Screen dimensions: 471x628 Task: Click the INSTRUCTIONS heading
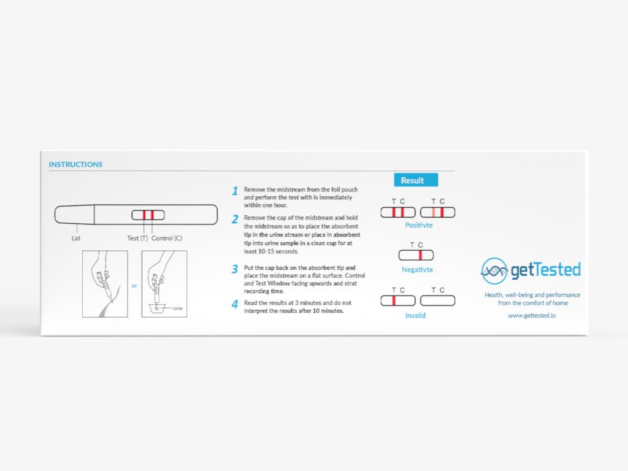tap(75, 164)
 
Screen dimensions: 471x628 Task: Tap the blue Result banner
tap(415, 180)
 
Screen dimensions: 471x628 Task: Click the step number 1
tap(235, 191)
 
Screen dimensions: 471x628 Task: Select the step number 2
tap(235, 220)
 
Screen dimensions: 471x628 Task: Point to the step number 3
tap(235, 269)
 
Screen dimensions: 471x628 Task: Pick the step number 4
tap(235, 304)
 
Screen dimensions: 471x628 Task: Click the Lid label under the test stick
tap(76, 238)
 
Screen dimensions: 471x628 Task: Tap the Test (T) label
tap(137, 238)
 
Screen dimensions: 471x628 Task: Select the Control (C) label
tap(167, 238)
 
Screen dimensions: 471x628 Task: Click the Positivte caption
tap(419, 225)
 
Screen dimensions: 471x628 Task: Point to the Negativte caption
tap(417, 270)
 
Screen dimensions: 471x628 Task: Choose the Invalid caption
tap(415, 315)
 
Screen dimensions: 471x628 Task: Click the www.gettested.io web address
tap(532, 315)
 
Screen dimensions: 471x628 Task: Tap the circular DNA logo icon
tap(494, 270)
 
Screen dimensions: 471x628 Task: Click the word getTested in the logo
tap(545, 270)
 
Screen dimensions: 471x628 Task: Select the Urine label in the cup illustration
tap(177, 308)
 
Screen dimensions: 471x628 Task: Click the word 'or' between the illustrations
tap(134, 285)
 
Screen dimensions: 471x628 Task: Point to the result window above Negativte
tap(416, 255)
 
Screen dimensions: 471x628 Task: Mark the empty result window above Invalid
tap(437, 301)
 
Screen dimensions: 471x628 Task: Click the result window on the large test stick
tap(148, 215)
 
